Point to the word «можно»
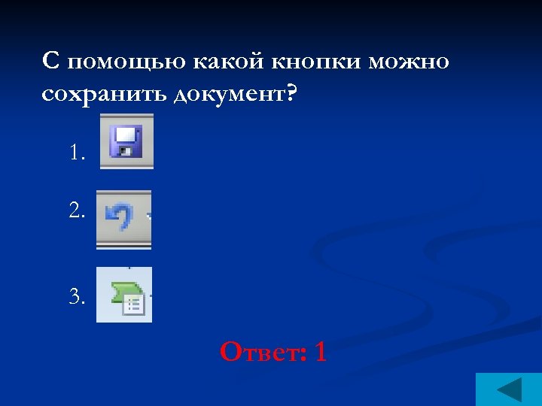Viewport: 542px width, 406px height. (x=409, y=62)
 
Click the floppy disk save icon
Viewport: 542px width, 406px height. (x=126, y=141)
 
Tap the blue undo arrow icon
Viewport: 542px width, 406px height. (x=120, y=219)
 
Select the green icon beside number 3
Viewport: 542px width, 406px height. (x=123, y=294)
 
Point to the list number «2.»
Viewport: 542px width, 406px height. (x=78, y=211)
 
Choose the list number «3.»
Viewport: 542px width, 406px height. (x=78, y=297)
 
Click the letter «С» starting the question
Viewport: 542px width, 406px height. (x=50, y=62)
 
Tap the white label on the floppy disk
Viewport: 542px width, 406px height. (x=126, y=135)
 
